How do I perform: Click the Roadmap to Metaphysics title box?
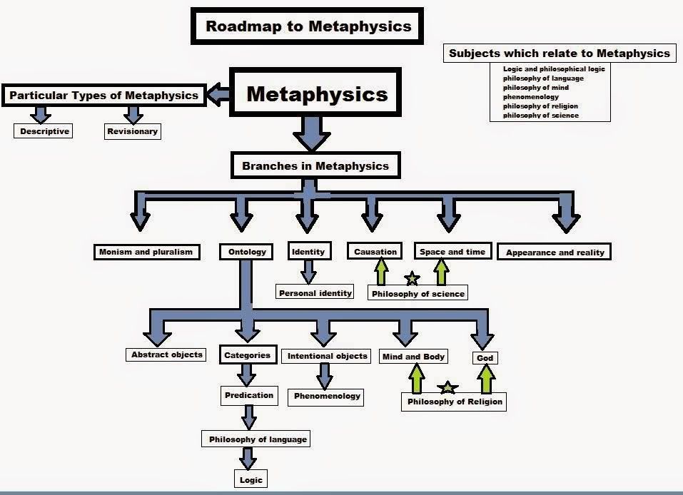(308, 27)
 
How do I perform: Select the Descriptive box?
(44, 131)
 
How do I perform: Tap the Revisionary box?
(132, 131)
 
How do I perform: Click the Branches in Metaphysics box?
(315, 166)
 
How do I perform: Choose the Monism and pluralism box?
(147, 252)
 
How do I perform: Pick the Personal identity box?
(315, 292)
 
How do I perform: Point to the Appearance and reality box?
(555, 252)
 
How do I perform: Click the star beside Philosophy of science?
(412, 278)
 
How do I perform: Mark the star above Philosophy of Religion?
(447, 388)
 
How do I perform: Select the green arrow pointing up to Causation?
(380, 272)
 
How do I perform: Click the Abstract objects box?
(167, 354)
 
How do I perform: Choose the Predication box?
(249, 395)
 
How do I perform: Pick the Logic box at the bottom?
(251, 480)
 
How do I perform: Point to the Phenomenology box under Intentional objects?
(328, 397)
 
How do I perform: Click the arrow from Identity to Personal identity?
(308, 271)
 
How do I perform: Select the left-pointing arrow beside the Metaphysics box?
(218, 93)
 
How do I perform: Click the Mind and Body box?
(413, 357)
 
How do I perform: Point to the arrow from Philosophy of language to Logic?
(248, 457)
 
